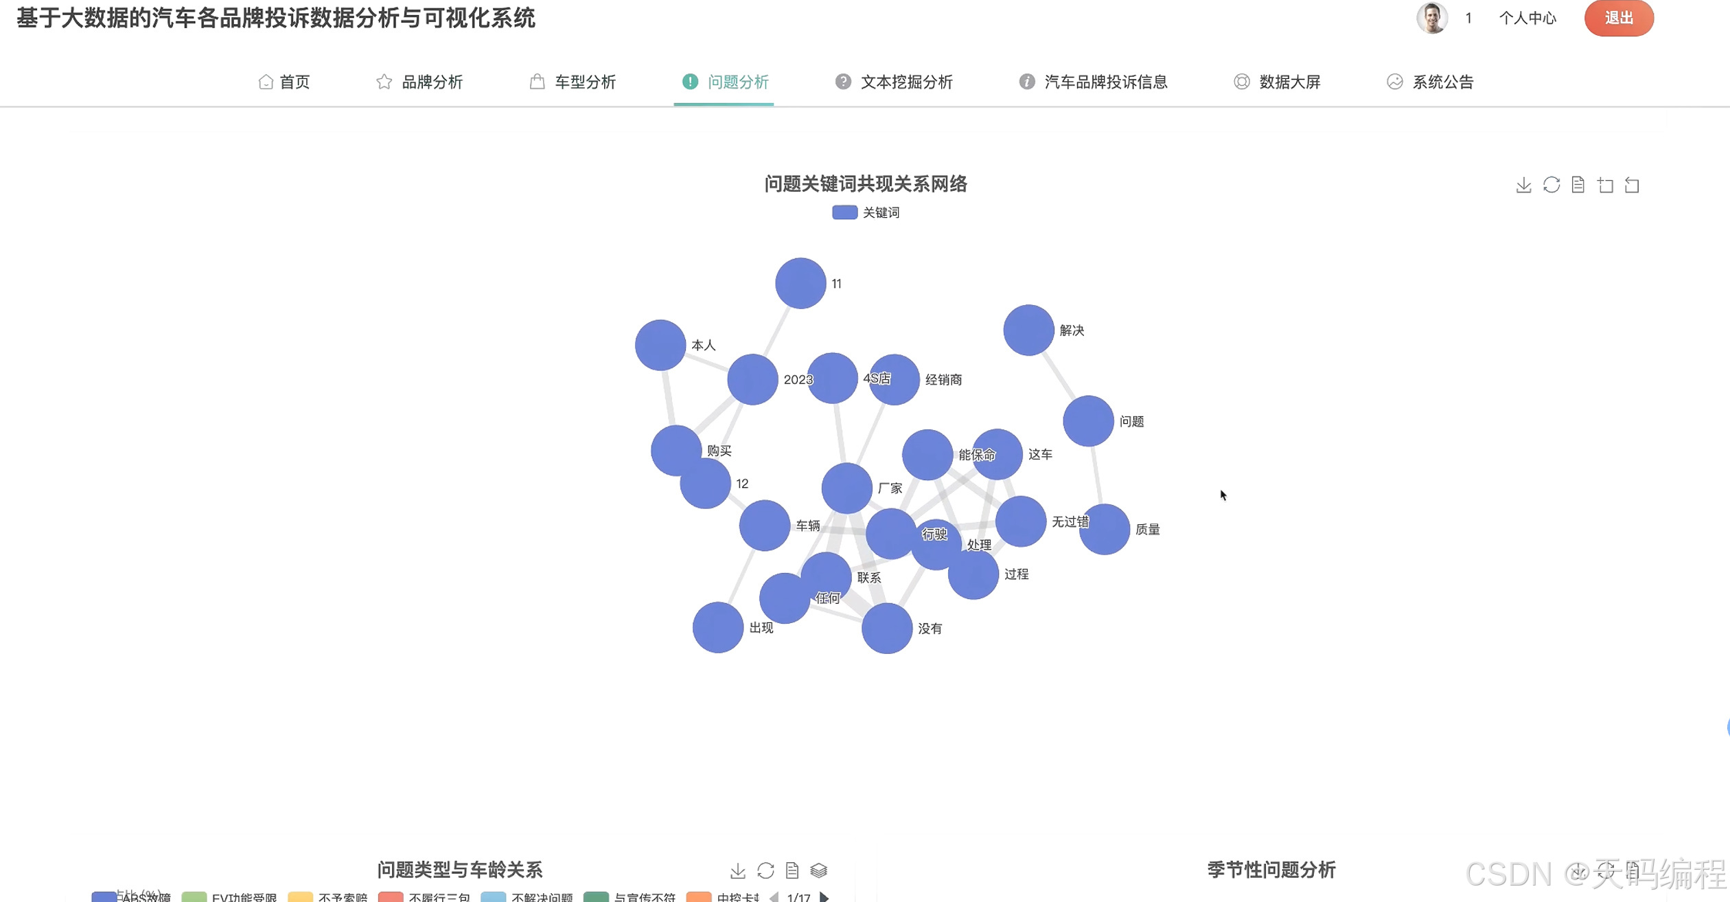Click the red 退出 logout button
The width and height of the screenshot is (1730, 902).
pos(1618,19)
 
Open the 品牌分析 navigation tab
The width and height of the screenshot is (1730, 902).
pos(419,82)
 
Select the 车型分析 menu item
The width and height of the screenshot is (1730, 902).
pos(573,82)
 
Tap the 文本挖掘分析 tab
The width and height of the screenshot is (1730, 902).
pos(894,82)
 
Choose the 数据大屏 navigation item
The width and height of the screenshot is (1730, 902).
pos(1277,82)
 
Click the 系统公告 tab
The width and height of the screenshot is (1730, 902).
pos(1430,82)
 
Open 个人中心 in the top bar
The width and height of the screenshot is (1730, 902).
pos(1527,19)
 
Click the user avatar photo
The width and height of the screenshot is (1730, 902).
pos(1431,18)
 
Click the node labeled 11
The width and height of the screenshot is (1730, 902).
pos(800,283)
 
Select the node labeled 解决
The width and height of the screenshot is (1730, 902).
pos(1028,330)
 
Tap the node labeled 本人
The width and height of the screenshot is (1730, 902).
pos(660,345)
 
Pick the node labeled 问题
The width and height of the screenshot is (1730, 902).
pos(1088,421)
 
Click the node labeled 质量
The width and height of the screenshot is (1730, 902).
pos(1105,530)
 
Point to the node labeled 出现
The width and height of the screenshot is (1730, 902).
pos(718,627)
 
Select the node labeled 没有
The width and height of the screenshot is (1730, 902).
pos(887,629)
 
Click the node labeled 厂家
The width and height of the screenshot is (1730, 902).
pos(846,488)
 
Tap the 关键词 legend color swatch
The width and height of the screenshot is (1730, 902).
pos(844,213)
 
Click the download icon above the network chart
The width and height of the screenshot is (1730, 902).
pos(1523,185)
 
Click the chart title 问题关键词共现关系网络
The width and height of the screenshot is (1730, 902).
pos(866,184)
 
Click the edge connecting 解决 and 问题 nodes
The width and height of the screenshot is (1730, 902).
pos(1059,376)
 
